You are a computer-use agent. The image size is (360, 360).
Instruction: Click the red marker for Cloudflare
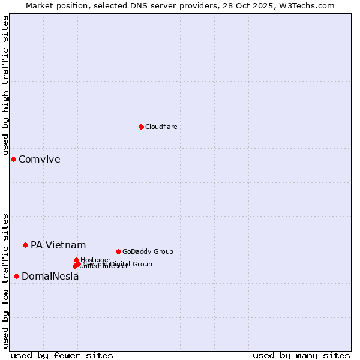(x=141, y=127)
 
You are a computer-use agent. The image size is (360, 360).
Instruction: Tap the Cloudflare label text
(x=161, y=127)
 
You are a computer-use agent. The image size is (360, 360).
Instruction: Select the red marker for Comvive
(x=13, y=159)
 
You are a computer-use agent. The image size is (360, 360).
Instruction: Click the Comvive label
(x=39, y=160)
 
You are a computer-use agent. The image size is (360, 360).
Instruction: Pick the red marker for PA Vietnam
(x=25, y=245)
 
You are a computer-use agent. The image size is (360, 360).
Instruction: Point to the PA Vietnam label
(x=58, y=245)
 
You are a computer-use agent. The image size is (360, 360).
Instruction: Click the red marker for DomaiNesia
(x=16, y=276)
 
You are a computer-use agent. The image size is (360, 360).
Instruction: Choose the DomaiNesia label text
(x=50, y=277)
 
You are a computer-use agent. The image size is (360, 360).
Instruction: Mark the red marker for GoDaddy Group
(x=118, y=251)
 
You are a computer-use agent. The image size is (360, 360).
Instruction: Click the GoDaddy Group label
(x=147, y=252)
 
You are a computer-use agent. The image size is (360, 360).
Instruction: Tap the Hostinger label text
(x=95, y=260)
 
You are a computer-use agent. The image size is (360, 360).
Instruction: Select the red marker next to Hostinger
(x=76, y=260)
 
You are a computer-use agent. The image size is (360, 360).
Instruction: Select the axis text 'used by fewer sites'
(x=62, y=355)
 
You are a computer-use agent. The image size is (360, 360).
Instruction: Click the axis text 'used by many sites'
(x=301, y=355)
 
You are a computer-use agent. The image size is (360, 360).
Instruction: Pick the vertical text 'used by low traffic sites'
(x=5, y=281)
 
